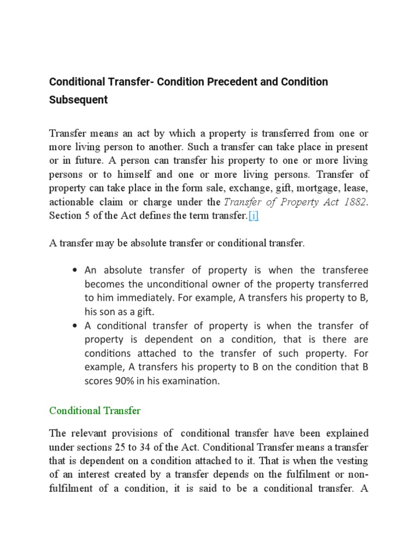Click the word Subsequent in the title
78,100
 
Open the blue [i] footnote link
254,216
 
